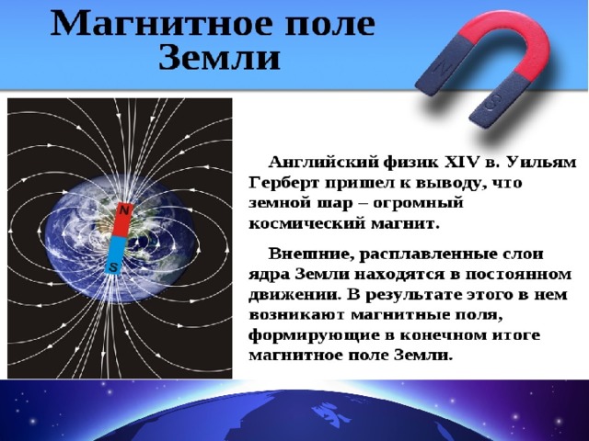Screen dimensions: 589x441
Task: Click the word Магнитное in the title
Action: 162,24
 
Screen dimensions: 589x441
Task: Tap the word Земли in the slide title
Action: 219,59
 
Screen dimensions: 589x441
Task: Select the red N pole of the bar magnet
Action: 122,220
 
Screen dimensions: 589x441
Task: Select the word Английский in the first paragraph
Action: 322,164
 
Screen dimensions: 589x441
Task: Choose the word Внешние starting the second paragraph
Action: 311,254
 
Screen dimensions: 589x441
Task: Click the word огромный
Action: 418,204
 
